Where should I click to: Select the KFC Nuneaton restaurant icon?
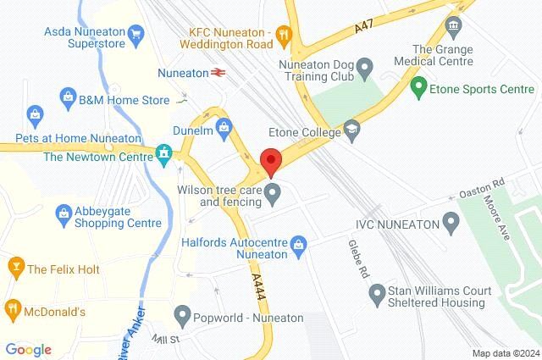tap(284, 35)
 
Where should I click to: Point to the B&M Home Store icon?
tap(67, 98)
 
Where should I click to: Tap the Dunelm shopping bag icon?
tap(224, 130)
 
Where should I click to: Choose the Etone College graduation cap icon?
tap(351, 130)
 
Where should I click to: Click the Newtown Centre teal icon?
tap(163, 154)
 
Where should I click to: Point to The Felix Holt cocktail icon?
tap(14, 269)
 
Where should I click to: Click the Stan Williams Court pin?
tap(376, 294)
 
